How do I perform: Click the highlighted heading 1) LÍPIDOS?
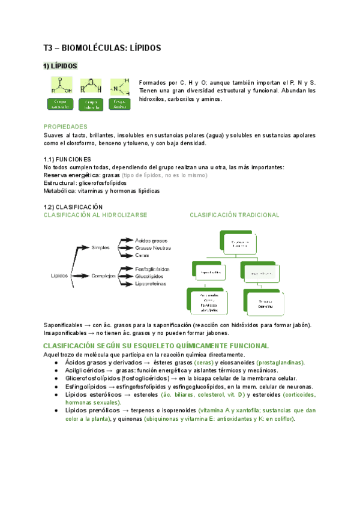(60, 66)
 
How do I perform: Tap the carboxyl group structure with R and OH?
(60, 85)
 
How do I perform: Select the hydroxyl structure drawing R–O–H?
(90, 85)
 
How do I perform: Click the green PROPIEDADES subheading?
(65, 127)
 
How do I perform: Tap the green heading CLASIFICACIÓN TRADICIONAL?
(235, 214)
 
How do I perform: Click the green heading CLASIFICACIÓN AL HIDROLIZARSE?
(95, 214)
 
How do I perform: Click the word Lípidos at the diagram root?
(59, 276)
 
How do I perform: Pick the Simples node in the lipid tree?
(101, 247)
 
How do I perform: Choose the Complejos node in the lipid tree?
(103, 276)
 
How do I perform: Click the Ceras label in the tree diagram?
(142, 255)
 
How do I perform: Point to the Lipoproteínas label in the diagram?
(152, 283)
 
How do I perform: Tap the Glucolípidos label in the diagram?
(151, 276)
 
